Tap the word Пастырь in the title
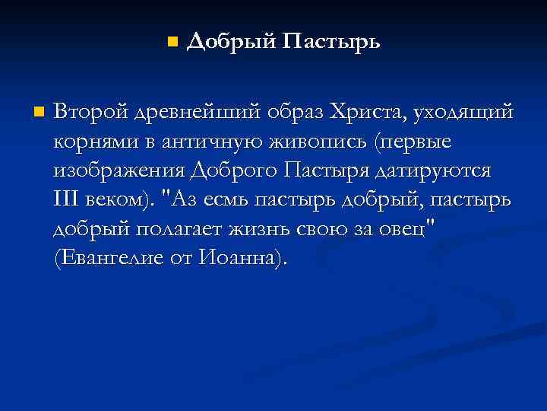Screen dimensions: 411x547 click(330, 41)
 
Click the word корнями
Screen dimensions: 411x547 click(91, 142)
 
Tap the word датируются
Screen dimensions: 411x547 click(435, 171)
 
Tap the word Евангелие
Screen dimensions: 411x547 click(117, 257)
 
